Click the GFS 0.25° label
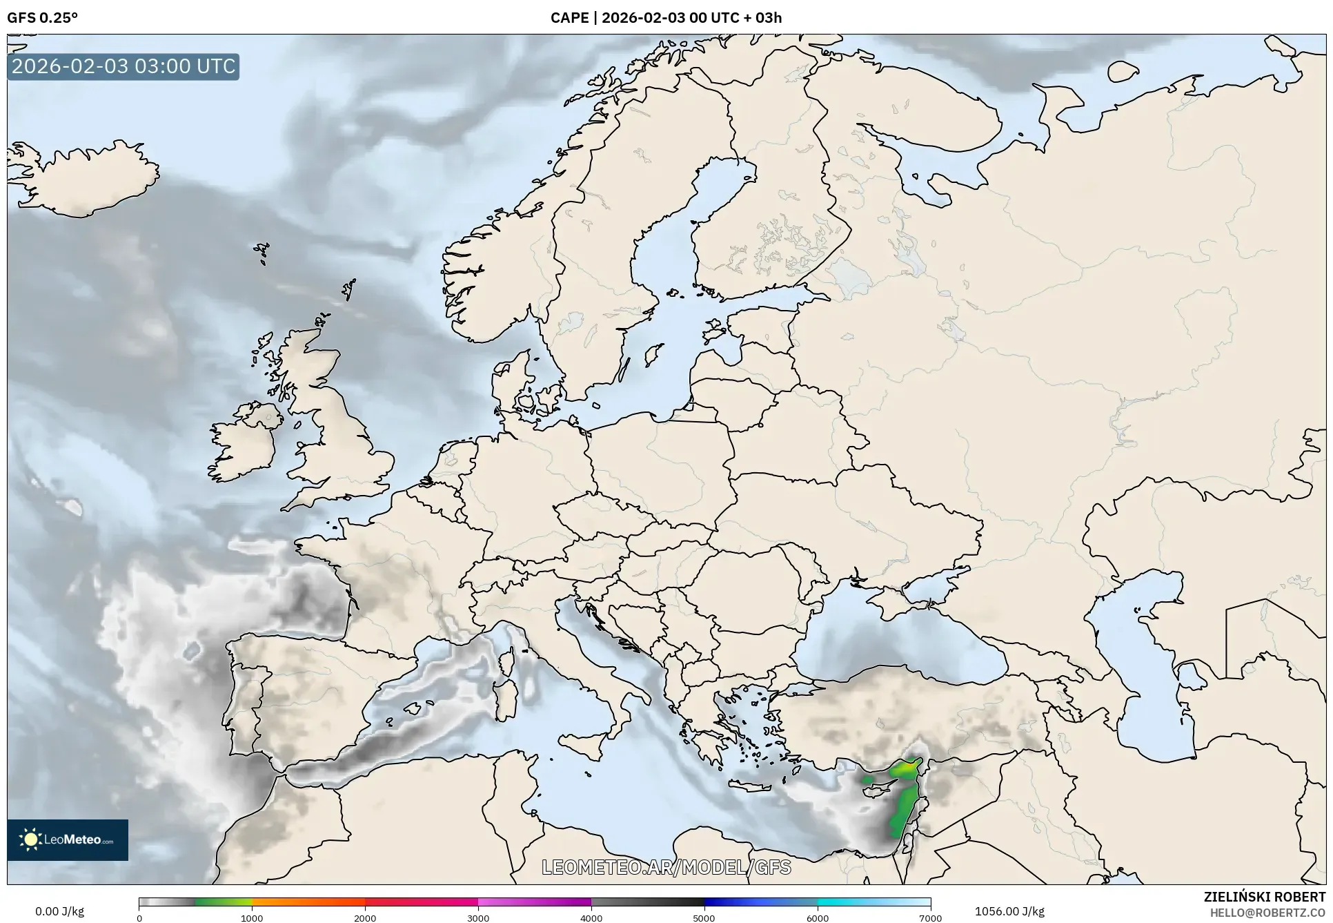click(42, 18)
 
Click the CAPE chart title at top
click(666, 18)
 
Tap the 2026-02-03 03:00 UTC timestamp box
click(124, 67)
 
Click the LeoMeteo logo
click(68, 839)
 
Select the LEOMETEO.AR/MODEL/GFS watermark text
click(666, 867)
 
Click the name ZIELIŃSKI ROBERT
click(1264, 897)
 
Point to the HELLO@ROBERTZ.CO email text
click(1267, 913)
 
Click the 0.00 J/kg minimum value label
click(59, 911)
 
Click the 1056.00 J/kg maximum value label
click(1009, 911)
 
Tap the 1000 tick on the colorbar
click(252, 917)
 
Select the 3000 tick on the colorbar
click(478, 917)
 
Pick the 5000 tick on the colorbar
click(704, 917)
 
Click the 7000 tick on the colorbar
click(930, 917)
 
